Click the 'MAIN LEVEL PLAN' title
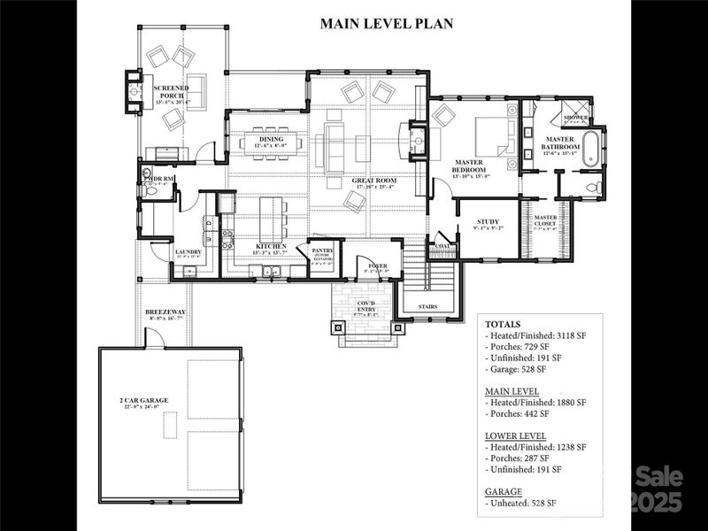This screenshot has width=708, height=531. coord(386,24)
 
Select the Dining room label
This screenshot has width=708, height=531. coord(271,139)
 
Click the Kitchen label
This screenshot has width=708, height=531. coord(271,246)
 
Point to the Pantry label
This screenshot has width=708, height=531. coord(321,251)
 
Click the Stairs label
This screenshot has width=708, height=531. coord(429,307)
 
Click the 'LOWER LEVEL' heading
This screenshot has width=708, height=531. coord(515,436)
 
